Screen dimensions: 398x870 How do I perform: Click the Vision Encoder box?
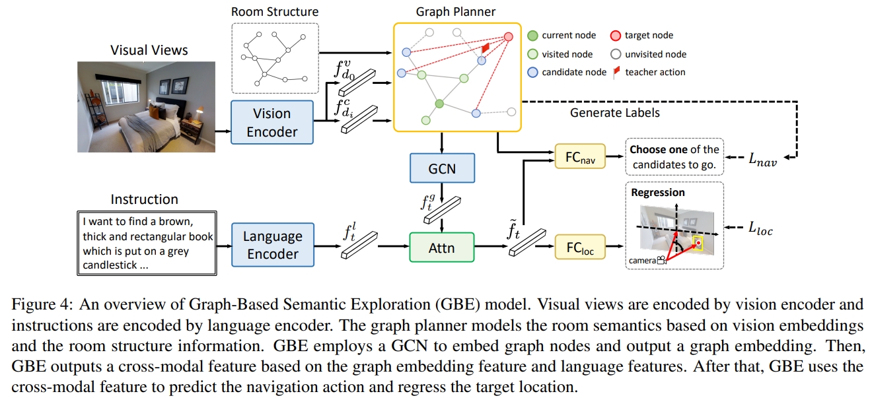coord(272,122)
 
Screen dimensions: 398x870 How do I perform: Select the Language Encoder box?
coord(272,245)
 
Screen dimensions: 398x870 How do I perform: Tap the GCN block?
coord(442,168)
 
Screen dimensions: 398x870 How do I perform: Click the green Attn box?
coord(442,248)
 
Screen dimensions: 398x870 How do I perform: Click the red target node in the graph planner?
coord(509,37)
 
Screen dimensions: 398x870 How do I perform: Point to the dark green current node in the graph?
coord(439,103)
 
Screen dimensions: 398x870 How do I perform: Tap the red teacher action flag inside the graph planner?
coord(485,49)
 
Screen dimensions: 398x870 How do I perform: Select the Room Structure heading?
coord(274,11)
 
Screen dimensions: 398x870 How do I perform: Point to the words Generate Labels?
coord(614,113)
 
